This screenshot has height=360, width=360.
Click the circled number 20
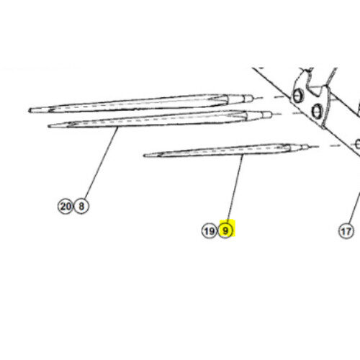pyautogui.click(x=65, y=206)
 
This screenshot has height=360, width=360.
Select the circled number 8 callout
pyautogui.click(x=81, y=206)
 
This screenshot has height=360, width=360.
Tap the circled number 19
pyautogui.click(x=209, y=231)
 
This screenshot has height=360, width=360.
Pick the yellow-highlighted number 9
pyautogui.click(x=225, y=231)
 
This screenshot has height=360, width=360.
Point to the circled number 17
pyautogui.click(x=346, y=231)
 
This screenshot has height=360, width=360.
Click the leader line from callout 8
pyautogui.click(x=102, y=163)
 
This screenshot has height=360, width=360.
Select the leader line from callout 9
pyautogui.click(x=235, y=187)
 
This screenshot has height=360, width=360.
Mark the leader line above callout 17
pyautogui.click(x=355, y=208)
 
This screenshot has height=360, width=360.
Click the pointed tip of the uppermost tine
pyautogui.click(x=30, y=110)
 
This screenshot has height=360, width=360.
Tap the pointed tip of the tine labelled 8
pyautogui.click(x=49, y=126)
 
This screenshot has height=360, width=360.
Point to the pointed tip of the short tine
pyautogui.click(x=144, y=156)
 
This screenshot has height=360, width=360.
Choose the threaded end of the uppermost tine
pyautogui.click(x=248, y=99)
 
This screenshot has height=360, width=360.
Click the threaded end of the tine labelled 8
pyautogui.click(x=267, y=114)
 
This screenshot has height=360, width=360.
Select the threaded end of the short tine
pyautogui.click(x=305, y=147)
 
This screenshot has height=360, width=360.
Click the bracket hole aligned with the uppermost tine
pyautogui.click(x=297, y=96)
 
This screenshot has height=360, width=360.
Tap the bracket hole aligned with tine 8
pyautogui.click(x=317, y=112)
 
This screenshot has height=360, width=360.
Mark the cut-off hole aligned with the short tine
pyautogui.click(x=358, y=144)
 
